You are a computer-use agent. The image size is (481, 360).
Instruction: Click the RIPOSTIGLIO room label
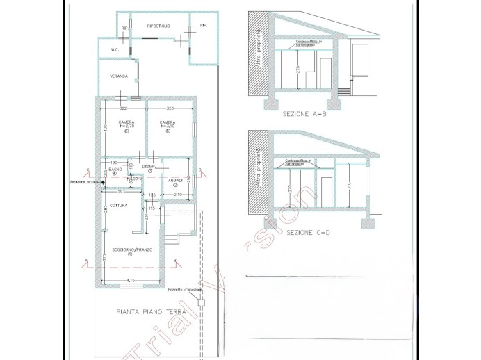click(159, 26)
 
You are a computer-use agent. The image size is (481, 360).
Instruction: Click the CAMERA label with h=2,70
click(126, 123)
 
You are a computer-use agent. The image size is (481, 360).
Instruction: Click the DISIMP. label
click(147, 167)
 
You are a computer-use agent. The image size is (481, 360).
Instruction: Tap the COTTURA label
click(118, 206)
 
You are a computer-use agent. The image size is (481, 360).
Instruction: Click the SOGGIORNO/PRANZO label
click(129, 249)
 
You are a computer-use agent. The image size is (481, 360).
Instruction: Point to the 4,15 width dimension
click(130, 280)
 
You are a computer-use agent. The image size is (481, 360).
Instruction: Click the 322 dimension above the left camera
click(122, 109)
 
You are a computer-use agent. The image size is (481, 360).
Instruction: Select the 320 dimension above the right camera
click(170, 109)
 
